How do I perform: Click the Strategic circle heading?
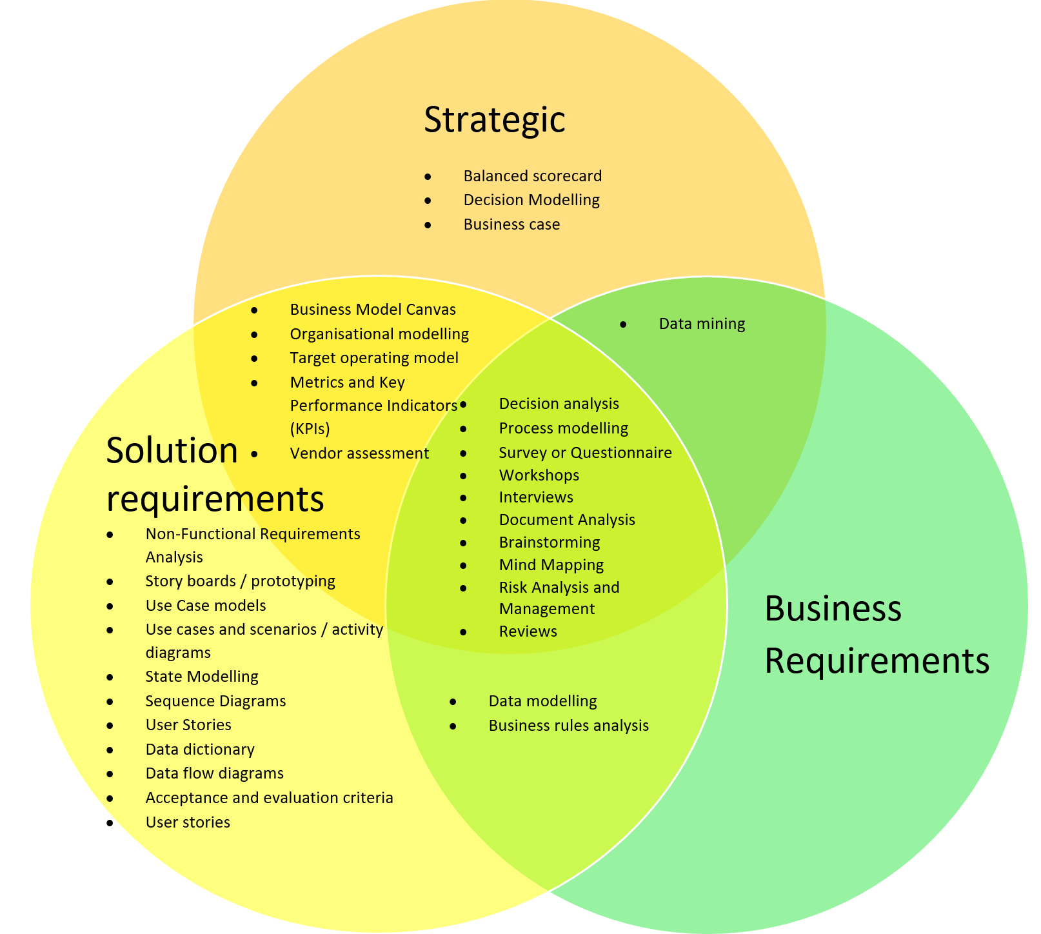(494, 119)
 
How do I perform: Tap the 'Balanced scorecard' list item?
(532, 176)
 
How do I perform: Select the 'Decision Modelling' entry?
(531, 200)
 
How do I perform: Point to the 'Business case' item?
(511, 224)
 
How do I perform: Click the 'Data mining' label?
(702, 324)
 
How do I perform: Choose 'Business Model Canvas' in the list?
(373, 310)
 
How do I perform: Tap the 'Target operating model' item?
(374, 358)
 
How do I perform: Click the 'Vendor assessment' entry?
(359, 453)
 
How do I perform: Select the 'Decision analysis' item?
(559, 404)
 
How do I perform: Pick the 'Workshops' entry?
(539, 475)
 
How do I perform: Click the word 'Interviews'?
(536, 497)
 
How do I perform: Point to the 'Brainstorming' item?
(550, 542)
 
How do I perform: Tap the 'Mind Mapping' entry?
(551, 565)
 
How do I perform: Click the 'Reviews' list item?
(528, 631)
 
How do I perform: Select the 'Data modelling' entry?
(542, 701)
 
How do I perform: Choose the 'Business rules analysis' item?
(568, 726)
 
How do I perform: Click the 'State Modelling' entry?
(202, 677)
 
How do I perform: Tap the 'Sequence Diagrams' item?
(215, 701)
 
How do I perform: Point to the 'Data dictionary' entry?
(200, 750)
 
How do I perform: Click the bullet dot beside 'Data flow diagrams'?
(110, 774)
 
